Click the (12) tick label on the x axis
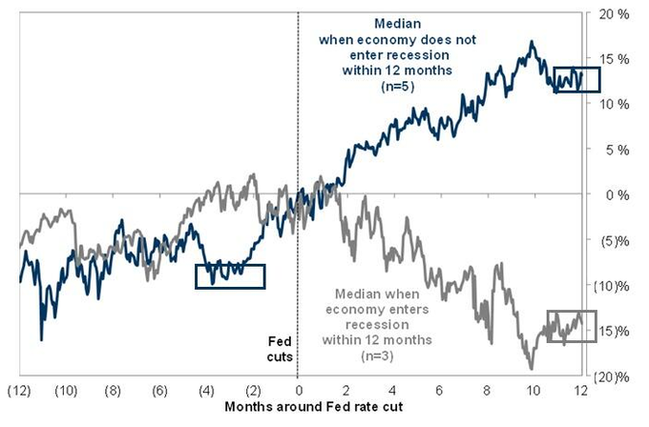pos(19,392)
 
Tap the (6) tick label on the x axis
pos(159,392)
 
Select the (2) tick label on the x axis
pos(252,392)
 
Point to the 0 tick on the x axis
pos(299,392)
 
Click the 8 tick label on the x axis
pos(485,392)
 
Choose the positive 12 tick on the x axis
pos(578,392)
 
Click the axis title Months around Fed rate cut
pos(298,407)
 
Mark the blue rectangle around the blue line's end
pos(576,79)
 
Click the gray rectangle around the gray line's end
pos(571,326)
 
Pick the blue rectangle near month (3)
pos(229,275)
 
